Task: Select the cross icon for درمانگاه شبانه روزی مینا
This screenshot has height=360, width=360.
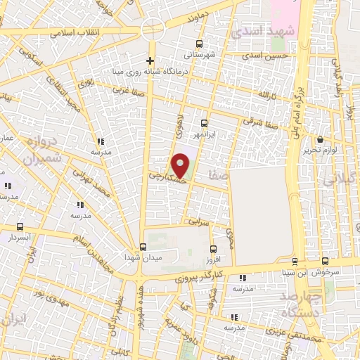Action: [x=150, y=60]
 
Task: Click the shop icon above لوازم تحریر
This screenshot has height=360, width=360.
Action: [x=320, y=139]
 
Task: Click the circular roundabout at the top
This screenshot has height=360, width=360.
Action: [x=152, y=29]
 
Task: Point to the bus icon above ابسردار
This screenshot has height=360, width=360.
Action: [x=20, y=228]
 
